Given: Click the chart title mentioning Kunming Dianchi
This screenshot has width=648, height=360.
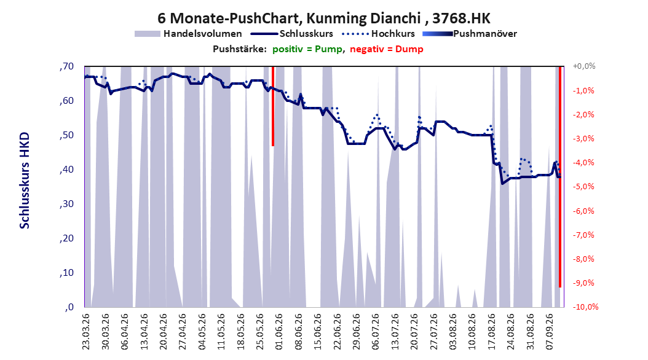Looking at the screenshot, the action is pos(324,18).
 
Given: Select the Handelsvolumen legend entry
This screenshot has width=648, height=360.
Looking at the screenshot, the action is pos(189,34).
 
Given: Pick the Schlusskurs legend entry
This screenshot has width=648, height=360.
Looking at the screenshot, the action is pos(292,34).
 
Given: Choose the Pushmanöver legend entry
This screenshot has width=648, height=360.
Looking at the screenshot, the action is pos(470,34).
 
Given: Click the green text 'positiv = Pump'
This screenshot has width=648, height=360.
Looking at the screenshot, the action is pos(307,49).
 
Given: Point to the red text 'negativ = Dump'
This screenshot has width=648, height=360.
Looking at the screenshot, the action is pos(387,49).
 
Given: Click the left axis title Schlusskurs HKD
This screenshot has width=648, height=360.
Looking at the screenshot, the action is pos(25,181).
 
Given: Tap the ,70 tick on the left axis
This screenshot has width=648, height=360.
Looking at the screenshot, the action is pos(66,66).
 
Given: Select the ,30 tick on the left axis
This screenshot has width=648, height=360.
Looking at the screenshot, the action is pos(66,204).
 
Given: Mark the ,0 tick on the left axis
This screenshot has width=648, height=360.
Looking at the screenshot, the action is pos(69,307).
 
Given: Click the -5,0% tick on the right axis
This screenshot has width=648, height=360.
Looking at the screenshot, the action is pos(583,187).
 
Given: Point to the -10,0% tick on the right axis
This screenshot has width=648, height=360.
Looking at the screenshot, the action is pos(585,307).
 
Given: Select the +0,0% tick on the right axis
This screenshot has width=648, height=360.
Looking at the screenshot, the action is pos(584,66).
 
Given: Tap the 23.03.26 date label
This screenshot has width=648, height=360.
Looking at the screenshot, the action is pos(86,332).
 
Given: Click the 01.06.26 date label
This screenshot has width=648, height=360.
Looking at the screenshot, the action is pos(279,332).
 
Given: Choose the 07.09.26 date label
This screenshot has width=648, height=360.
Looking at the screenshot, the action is pos(549,332).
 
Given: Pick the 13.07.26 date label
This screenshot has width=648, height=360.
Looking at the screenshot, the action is pos(395,332).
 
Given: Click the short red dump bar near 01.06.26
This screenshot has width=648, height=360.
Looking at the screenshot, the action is pos(273,106).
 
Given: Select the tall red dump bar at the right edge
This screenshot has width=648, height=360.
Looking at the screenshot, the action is pos(560,177).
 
